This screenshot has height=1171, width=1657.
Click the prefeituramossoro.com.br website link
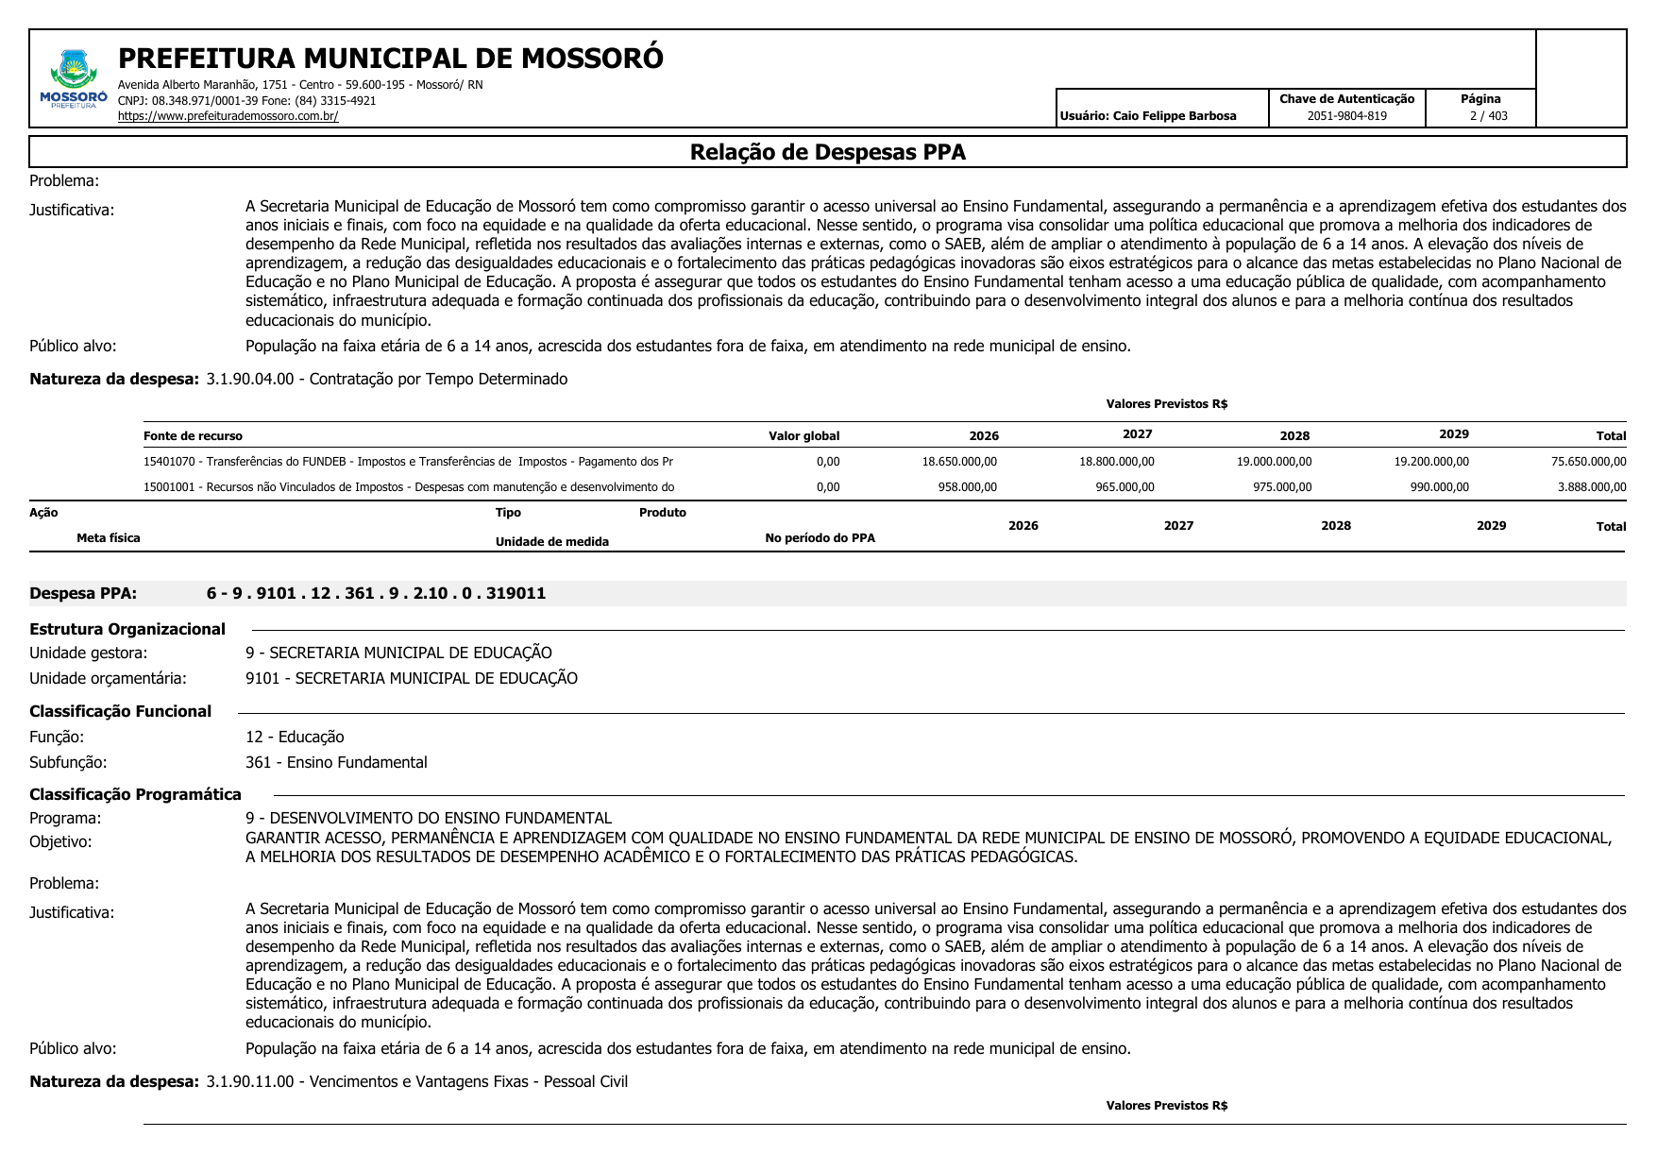tap(228, 116)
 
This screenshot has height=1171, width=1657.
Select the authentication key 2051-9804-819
tap(1346, 116)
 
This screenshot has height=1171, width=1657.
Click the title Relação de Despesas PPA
tap(827, 152)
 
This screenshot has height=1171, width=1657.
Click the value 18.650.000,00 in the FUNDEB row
tap(959, 462)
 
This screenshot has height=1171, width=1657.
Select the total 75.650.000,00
tap(1588, 462)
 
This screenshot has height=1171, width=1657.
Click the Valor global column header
tap(803, 436)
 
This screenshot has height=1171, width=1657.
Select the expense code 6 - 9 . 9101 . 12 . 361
tap(376, 593)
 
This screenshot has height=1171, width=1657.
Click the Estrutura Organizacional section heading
tap(127, 629)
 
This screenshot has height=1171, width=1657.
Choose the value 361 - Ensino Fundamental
tap(336, 762)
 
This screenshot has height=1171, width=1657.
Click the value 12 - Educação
tap(295, 737)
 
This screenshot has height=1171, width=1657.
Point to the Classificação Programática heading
tap(135, 794)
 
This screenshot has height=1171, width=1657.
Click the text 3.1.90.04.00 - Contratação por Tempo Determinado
tap(387, 379)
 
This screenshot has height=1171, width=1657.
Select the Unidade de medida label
tap(551, 542)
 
